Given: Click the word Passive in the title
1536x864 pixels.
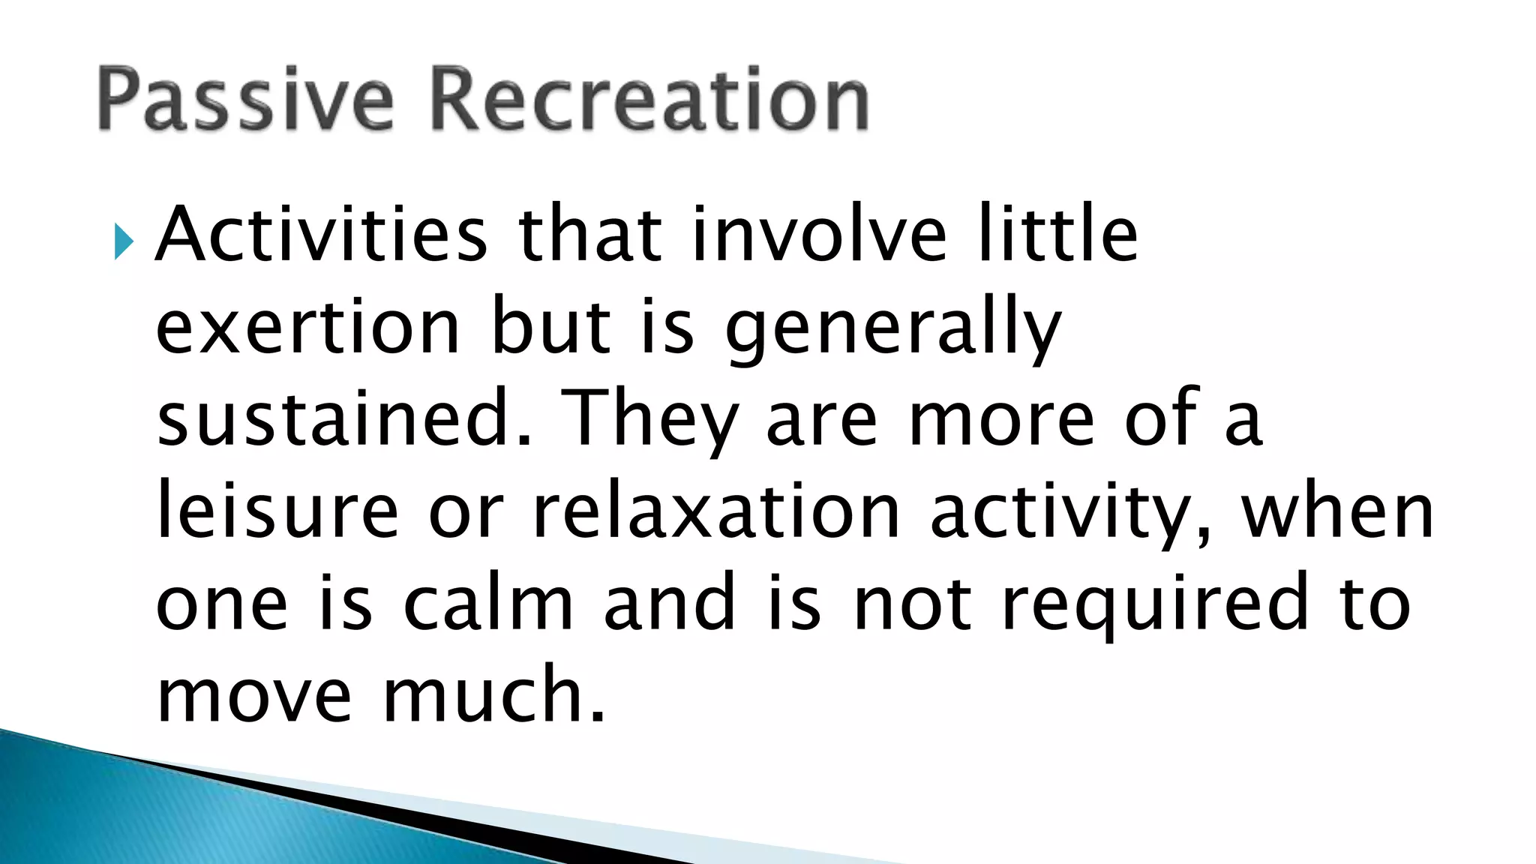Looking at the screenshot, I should coord(244,99).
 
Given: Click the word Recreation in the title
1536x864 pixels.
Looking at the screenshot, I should coord(650,99).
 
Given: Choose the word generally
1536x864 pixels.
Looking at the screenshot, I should coord(892,330).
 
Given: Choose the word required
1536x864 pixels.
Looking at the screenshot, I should coord(1156,606).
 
